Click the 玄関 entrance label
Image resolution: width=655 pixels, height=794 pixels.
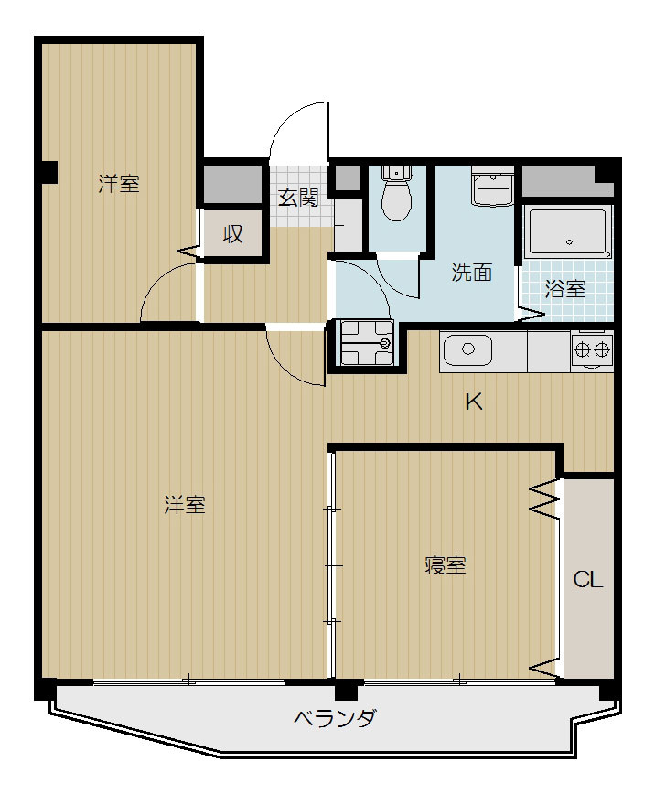click(299, 197)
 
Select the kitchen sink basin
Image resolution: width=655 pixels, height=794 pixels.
click(467, 349)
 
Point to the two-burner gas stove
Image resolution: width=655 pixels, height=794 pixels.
click(592, 349)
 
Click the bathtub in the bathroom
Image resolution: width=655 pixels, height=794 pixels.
click(567, 232)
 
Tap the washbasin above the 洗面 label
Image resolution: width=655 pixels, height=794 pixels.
click(492, 186)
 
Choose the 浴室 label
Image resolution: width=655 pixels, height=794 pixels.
click(564, 289)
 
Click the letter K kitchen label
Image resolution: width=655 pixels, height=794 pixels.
click(474, 402)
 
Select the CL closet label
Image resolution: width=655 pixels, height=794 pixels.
click(587, 579)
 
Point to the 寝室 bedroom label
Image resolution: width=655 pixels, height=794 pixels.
click(446, 565)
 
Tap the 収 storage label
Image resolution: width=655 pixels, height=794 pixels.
click(233, 234)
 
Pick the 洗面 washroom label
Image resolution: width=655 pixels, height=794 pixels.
click(472, 273)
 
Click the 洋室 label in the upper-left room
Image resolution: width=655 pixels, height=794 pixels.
click(119, 183)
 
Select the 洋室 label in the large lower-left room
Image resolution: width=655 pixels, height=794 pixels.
click(185, 505)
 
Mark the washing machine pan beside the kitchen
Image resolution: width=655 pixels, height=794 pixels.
click(367, 343)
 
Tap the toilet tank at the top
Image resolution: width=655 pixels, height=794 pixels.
click(397, 173)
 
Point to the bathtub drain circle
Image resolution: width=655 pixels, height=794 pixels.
click(569, 242)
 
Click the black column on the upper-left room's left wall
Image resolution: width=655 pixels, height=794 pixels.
click(50, 172)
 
